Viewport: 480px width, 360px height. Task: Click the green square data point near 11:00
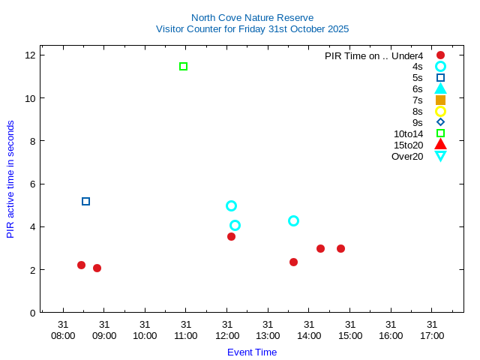tap(183, 67)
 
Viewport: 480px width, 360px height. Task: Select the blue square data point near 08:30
tap(85, 201)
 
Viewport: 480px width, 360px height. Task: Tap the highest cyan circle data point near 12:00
tap(231, 205)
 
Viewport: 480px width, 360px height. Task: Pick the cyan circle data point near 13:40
tap(293, 220)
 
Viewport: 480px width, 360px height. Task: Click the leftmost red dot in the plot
tap(81, 265)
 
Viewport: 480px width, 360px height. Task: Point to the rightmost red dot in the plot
tap(340, 248)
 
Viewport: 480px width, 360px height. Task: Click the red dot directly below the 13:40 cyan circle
tap(293, 262)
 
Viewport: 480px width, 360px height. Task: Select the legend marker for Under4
tap(440, 55)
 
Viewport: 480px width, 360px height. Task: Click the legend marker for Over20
tap(440, 156)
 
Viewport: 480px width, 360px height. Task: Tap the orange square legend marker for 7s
tap(440, 100)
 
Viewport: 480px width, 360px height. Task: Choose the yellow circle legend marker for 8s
tap(440, 111)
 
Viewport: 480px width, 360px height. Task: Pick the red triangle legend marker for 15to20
tap(440, 144)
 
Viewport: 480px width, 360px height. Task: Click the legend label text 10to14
tap(408, 133)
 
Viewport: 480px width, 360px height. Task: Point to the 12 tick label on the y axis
tap(31, 55)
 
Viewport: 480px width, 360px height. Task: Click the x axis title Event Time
tap(252, 352)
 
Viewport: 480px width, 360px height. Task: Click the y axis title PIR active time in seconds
tap(10, 179)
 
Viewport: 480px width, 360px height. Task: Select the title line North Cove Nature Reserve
tap(252, 18)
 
